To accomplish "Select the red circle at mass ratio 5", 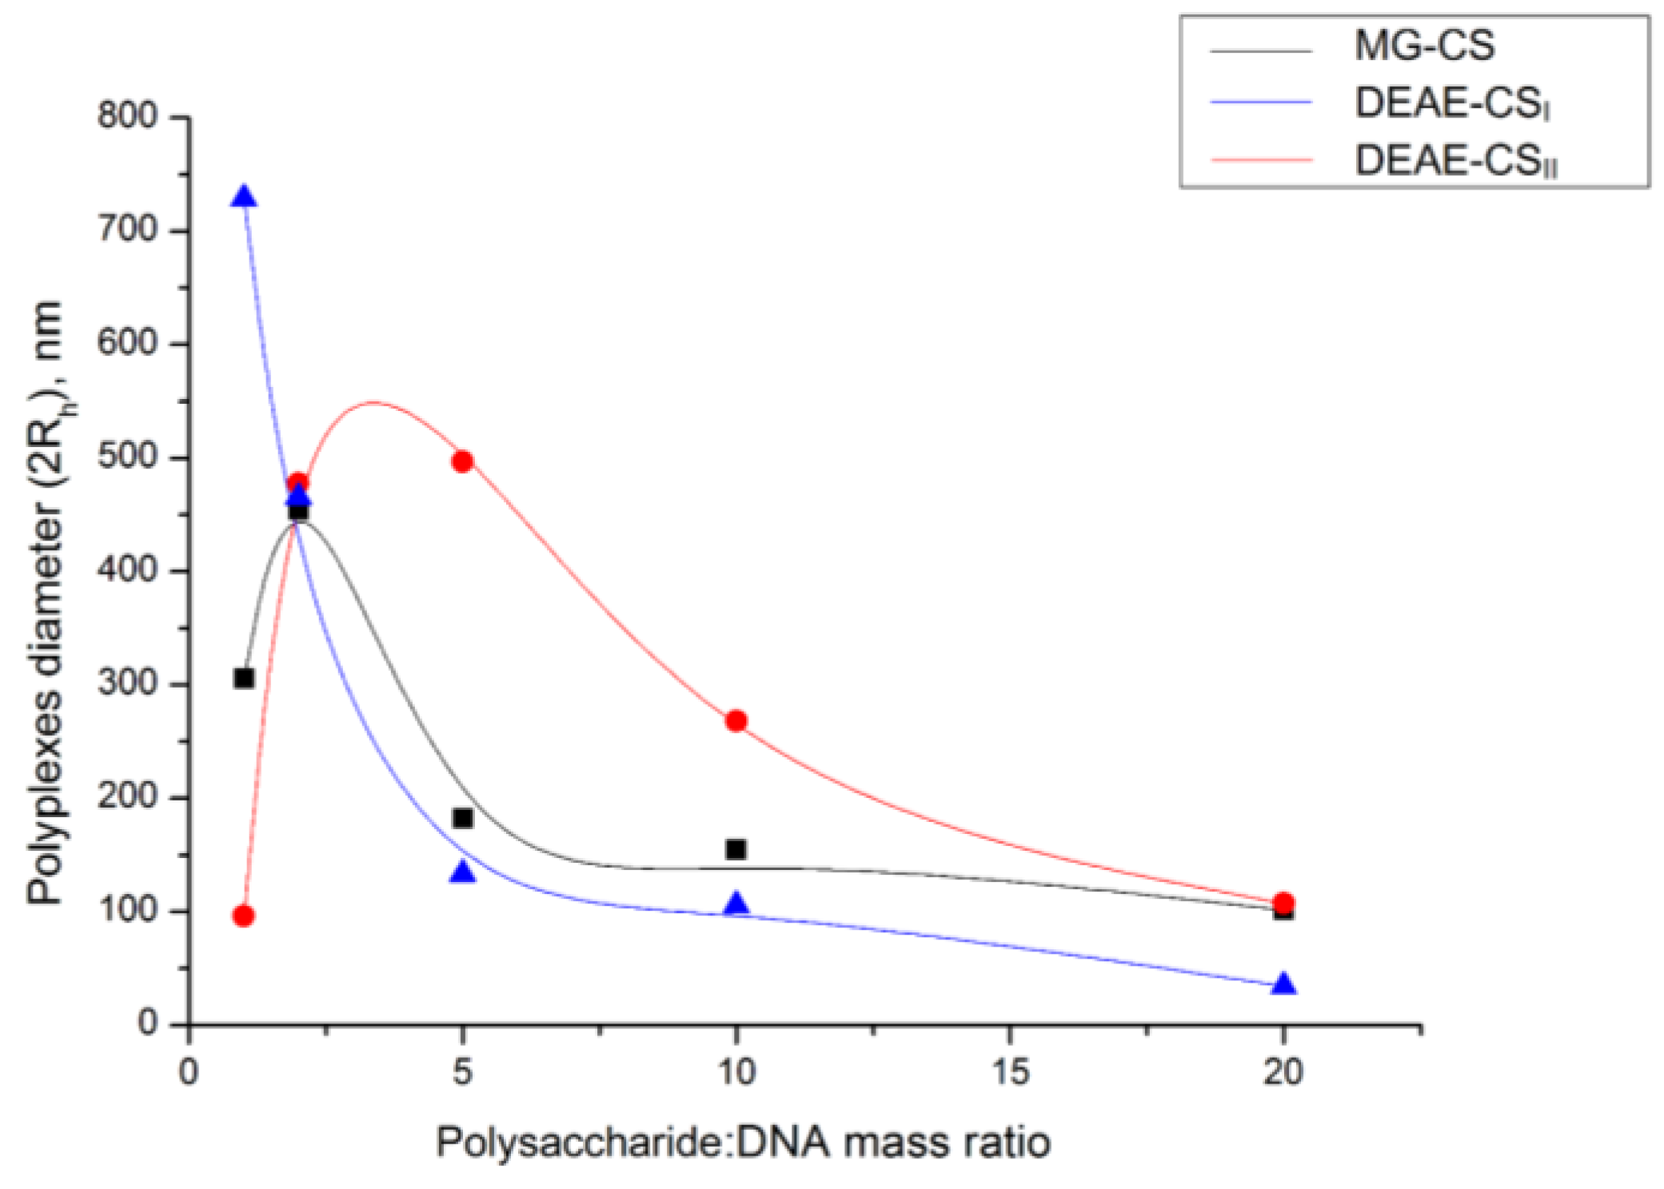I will pyautogui.click(x=462, y=461).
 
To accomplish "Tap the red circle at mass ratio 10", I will pyautogui.click(x=736, y=721).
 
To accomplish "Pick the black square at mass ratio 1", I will pyautogui.click(x=244, y=679).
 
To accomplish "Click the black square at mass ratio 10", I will pyautogui.click(x=736, y=849).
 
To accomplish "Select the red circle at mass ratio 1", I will pyautogui.click(x=244, y=916).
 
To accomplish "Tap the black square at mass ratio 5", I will pyautogui.click(x=462, y=818).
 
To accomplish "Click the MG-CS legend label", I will pyautogui.click(x=1424, y=46).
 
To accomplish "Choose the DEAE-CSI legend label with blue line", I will pyautogui.click(x=1451, y=103).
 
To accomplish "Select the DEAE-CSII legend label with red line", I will pyautogui.click(x=1455, y=162).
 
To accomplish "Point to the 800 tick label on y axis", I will pyautogui.click(x=128, y=117).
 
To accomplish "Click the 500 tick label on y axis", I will pyautogui.click(x=128, y=457).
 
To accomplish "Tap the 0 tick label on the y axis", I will pyautogui.click(x=147, y=1023).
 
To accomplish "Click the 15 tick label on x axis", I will pyautogui.click(x=1009, y=1071).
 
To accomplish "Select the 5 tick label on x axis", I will pyautogui.click(x=462, y=1071).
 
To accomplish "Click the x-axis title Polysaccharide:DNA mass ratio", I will pyautogui.click(x=743, y=1142).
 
